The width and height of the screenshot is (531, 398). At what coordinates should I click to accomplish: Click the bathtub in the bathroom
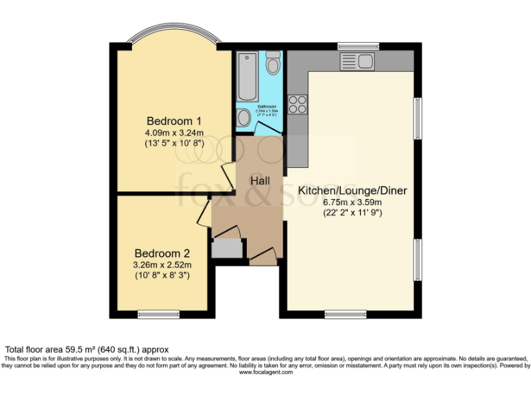click(246, 76)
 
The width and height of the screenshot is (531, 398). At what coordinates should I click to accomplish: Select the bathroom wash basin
click(244, 117)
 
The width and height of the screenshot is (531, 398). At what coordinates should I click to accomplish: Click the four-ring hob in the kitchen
click(297, 104)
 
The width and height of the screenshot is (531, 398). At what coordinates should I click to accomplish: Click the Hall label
click(260, 180)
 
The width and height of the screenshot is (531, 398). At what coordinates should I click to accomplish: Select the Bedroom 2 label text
click(162, 253)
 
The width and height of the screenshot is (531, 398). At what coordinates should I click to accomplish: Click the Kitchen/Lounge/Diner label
click(352, 191)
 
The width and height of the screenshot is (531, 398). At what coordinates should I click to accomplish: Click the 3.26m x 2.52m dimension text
click(162, 264)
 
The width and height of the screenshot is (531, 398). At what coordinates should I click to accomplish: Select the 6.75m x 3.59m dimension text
click(352, 202)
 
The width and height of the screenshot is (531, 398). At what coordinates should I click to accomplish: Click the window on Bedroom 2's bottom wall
click(158, 314)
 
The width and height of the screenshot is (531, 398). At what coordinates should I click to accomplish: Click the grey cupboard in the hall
click(226, 248)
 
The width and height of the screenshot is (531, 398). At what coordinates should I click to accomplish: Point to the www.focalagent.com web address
click(265, 372)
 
